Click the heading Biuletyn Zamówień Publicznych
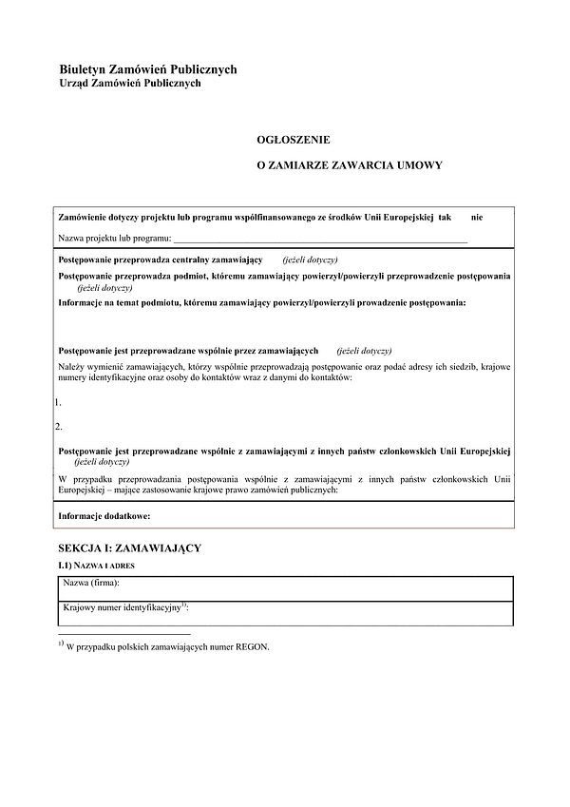coord(147,69)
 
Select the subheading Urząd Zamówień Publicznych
coord(130,84)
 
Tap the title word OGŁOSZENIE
coord(294,139)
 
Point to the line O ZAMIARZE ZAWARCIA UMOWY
coord(350,165)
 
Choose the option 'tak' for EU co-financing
coord(446,218)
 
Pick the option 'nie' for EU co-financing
coord(477,218)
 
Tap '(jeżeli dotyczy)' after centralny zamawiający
coord(310,259)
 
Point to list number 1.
coord(59,402)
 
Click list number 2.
coord(59,427)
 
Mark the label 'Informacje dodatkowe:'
coord(104,515)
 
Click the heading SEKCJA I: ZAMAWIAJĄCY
coord(129,548)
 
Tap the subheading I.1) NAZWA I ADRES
coord(98,565)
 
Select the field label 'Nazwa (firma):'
coord(98,583)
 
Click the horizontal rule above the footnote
coord(124,633)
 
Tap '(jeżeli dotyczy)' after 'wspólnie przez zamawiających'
coord(364,351)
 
